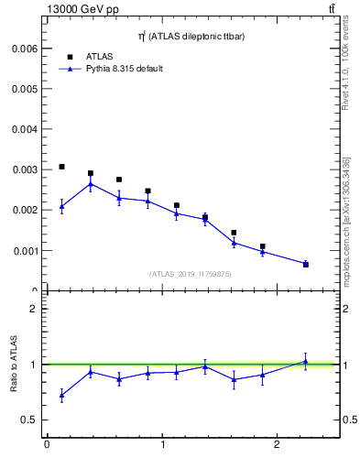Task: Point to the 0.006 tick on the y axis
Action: click(23, 48)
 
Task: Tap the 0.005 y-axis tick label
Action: click(23, 88)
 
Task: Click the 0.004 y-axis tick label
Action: click(23, 129)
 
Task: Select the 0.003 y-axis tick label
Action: click(23, 169)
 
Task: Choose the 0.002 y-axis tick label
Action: click(23, 210)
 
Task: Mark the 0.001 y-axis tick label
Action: click(23, 250)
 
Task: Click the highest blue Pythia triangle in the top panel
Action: click(90, 184)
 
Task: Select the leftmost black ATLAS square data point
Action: click(61, 167)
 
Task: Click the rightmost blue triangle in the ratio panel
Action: click(305, 362)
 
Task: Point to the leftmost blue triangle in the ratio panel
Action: click(61, 395)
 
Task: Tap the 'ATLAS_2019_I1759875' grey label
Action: click(189, 273)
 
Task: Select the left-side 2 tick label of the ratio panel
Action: click(33, 309)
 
